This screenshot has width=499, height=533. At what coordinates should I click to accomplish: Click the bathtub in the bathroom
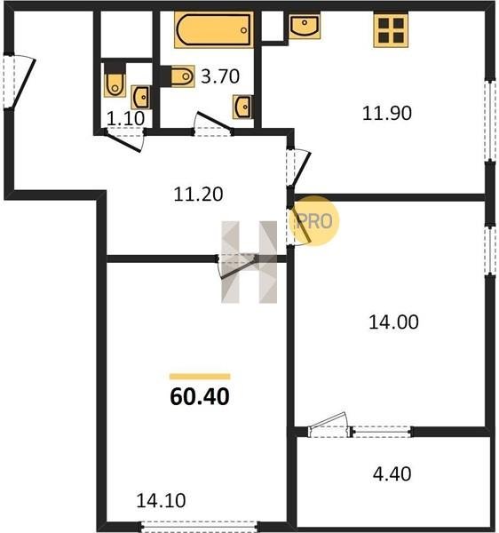click(x=214, y=30)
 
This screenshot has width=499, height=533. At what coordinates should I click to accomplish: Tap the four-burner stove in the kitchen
click(x=391, y=30)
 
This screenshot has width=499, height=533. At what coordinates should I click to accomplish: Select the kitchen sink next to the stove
click(x=305, y=26)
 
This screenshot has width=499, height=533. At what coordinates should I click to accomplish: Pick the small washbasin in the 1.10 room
click(x=141, y=97)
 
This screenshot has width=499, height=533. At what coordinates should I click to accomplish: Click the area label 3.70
click(x=220, y=76)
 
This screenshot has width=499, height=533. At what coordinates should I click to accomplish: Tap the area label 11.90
click(x=387, y=113)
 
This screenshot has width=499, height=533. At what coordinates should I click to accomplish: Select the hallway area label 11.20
click(x=198, y=195)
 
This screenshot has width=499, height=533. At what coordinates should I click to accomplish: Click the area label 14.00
click(x=393, y=322)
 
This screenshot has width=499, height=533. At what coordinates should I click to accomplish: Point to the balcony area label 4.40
click(x=392, y=473)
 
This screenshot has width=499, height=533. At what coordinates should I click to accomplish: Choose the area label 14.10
click(x=161, y=500)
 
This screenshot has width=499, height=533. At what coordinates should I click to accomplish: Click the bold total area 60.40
click(x=200, y=397)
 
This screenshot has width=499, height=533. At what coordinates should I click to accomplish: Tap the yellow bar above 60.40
click(x=200, y=377)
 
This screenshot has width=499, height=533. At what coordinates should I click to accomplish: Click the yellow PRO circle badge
click(x=315, y=220)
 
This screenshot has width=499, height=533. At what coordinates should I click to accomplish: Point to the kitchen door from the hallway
click(x=298, y=168)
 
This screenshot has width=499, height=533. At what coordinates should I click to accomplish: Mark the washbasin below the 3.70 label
click(x=243, y=107)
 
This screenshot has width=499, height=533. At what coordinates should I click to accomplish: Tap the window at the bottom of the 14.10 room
click(x=199, y=526)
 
